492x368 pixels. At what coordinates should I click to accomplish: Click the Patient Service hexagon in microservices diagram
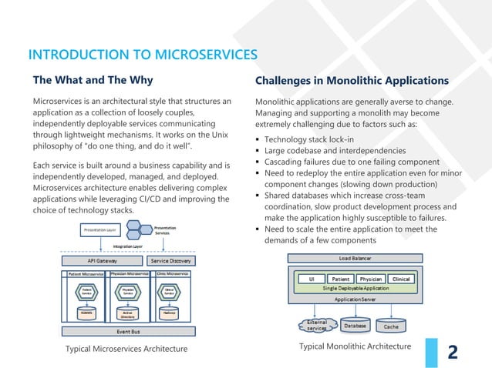85,292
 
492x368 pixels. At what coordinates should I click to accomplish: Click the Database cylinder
355,326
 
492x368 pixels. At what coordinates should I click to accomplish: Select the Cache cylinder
391,326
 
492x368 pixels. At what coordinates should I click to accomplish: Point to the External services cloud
316,326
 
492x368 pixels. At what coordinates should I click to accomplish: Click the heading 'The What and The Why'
92,80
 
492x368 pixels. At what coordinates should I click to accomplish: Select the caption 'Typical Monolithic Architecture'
355,346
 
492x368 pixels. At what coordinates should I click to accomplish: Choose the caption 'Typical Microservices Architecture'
128,350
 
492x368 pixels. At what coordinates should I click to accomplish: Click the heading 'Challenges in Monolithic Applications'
351,80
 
